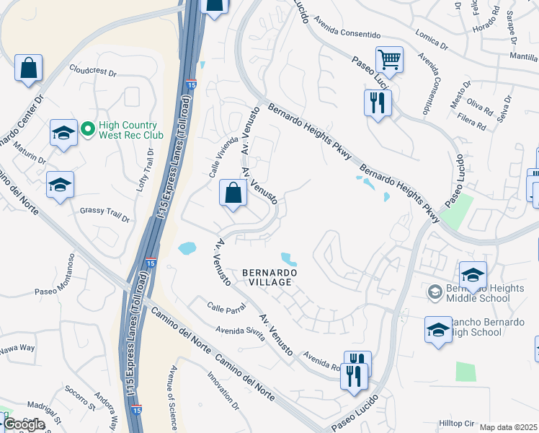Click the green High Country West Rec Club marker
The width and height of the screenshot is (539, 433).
coord(88,128)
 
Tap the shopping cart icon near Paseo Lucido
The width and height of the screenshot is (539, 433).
coord(389,60)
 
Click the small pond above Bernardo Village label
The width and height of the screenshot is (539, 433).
coord(289,258)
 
